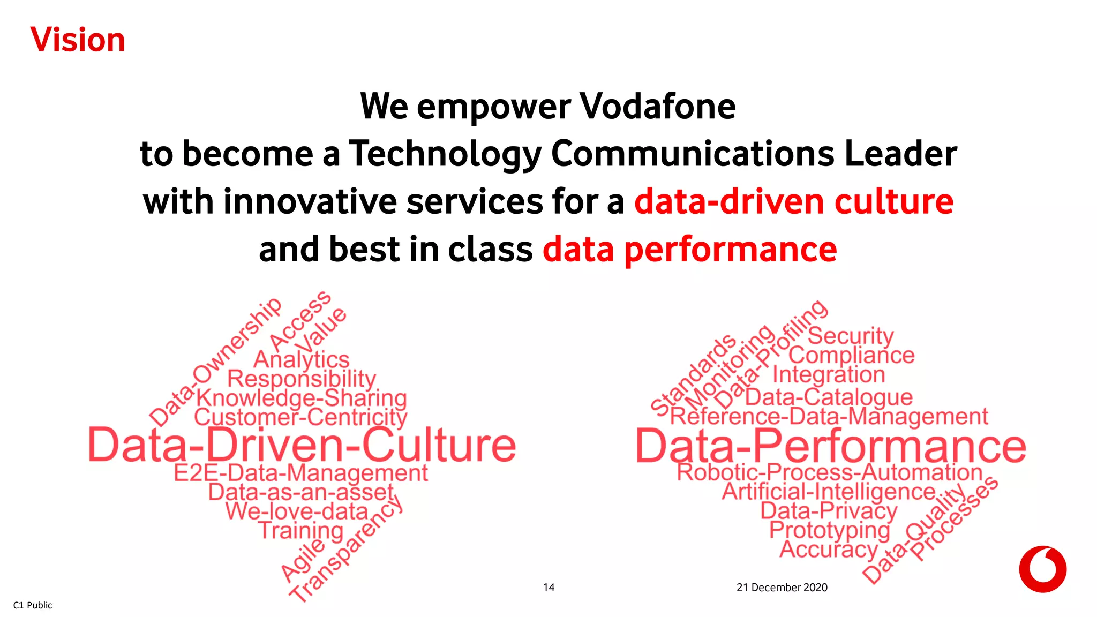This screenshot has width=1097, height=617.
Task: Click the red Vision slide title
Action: pyautogui.click(x=78, y=40)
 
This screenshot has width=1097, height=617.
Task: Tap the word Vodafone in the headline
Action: pyautogui.click(x=658, y=106)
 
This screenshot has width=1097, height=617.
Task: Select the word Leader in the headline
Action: pyautogui.click(x=900, y=154)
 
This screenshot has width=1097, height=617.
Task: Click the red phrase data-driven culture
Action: pyautogui.click(x=794, y=202)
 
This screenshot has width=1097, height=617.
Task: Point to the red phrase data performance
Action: pyautogui.click(x=689, y=250)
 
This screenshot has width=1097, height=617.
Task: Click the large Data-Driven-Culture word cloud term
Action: pyautogui.click(x=302, y=445)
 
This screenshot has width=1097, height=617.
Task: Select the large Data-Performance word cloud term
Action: pyautogui.click(x=831, y=446)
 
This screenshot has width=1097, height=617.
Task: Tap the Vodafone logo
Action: pyautogui.click(x=1042, y=569)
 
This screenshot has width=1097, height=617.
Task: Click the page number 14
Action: pyautogui.click(x=548, y=588)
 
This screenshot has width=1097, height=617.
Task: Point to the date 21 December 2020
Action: pyautogui.click(x=782, y=588)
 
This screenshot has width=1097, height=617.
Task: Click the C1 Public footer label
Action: pyautogui.click(x=33, y=605)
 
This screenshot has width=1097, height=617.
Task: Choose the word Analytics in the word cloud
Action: pyautogui.click(x=302, y=360)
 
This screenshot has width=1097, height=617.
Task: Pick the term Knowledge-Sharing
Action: pyautogui.click(x=302, y=398)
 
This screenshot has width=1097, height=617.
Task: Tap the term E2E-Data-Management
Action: pyautogui.click(x=301, y=473)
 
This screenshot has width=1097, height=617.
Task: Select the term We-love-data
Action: pyautogui.click(x=297, y=511)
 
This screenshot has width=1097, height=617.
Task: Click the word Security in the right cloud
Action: pyautogui.click(x=851, y=336)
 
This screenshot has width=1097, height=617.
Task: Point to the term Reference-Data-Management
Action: pyautogui.click(x=829, y=417)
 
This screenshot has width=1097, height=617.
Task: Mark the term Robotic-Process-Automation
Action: pyautogui.click(x=830, y=472)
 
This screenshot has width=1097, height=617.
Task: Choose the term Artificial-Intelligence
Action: pyautogui.click(x=829, y=492)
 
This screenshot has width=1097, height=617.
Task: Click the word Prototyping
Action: pyautogui.click(x=830, y=530)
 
